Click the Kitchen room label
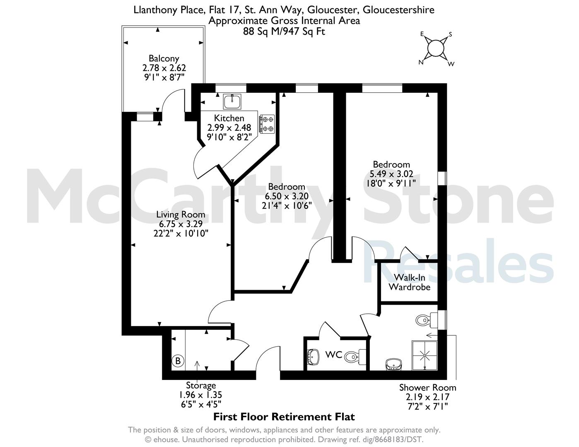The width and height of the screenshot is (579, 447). [x=229, y=118]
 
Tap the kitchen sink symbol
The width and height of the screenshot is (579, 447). [x=232, y=101]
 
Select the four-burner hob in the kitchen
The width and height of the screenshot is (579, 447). [x=267, y=124]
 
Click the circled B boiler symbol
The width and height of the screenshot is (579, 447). [x=178, y=361]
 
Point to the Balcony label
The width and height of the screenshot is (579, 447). [x=164, y=59]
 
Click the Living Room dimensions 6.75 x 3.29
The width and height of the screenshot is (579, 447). [x=181, y=224]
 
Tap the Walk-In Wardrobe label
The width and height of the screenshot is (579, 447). [x=410, y=282]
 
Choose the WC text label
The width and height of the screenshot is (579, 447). [x=333, y=354]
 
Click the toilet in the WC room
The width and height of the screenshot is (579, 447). [x=355, y=357]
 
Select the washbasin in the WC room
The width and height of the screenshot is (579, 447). [x=314, y=357]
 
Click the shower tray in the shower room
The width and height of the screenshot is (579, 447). [x=425, y=356]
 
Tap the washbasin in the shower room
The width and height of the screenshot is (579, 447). [x=393, y=365]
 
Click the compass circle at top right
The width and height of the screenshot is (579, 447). [x=436, y=48]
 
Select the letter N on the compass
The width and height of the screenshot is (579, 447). [x=421, y=62]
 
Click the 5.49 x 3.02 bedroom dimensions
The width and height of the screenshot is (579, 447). [x=391, y=174]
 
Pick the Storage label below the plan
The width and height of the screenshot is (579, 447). [x=201, y=385]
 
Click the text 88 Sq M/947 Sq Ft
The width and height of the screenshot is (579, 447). [x=284, y=32]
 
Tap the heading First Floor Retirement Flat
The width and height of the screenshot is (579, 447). [x=284, y=417]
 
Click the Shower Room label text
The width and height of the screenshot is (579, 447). [x=428, y=388]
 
